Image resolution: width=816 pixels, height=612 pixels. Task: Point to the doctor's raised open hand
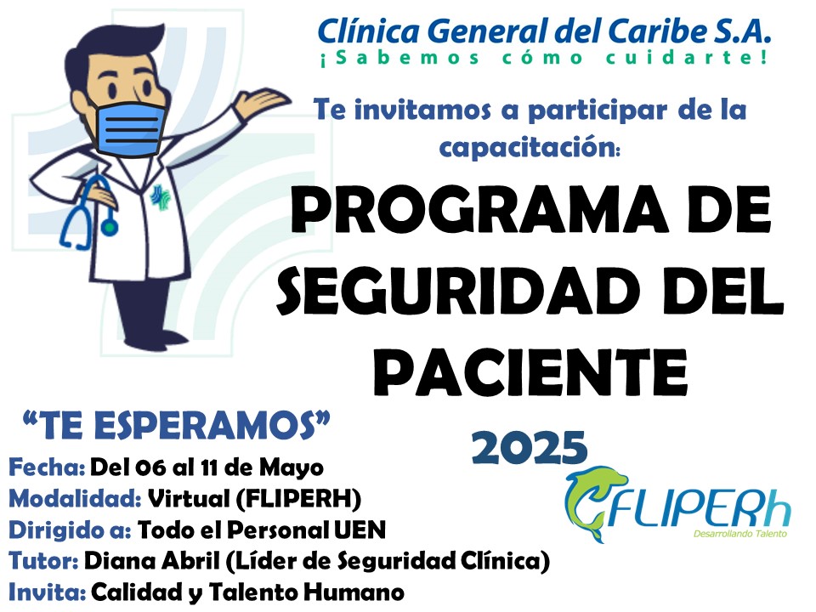(x=263, y=100)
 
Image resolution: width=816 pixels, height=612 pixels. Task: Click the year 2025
(x=530, y=447)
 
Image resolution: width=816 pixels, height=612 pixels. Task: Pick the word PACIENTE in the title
(x=530, y=372)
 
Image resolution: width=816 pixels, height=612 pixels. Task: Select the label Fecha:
(x=47, y=467)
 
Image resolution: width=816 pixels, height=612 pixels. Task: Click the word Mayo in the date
(x=292, y=468)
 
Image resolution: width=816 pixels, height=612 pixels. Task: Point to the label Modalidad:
(x=75, y=499)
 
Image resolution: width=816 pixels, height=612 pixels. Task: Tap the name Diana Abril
(x=151, y=561)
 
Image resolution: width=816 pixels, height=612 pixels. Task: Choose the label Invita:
(x=47, y=592)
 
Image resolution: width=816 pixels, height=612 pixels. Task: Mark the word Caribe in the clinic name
(x=655, y=31)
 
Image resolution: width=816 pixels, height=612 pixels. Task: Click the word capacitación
(x=530, y=147)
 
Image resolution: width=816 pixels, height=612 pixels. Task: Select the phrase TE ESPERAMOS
(x=177, y=425)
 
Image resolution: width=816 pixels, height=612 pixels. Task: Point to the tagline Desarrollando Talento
(x=740, y=534)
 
